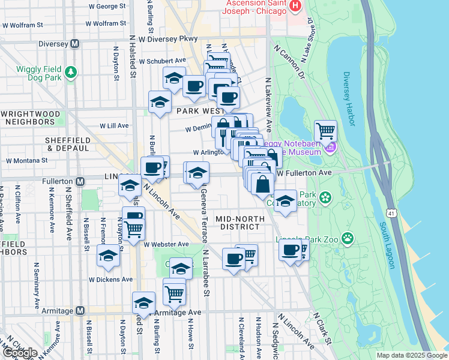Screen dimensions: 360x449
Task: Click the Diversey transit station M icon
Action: pyautogui.click(x=75, y=43)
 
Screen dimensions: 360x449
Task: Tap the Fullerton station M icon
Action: pyautogui.click(x=80, y=181)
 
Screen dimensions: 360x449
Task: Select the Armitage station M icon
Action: pyautogui.click(x=79, y=311)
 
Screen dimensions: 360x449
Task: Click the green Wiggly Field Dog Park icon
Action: pyautogui.click(x=71, y=73)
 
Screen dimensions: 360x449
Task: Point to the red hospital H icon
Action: pyautogui.click(x=295, y=7)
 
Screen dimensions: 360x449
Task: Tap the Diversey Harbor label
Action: pyautogui.click(x=349, y=99)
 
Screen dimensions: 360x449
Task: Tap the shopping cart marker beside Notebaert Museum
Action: pyautogui.click(x=325, y=130)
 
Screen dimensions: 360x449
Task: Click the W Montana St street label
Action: pyautogui.click(x=26, y=161)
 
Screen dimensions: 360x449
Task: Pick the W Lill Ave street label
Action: pyautogui.click(x=112, y=125)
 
